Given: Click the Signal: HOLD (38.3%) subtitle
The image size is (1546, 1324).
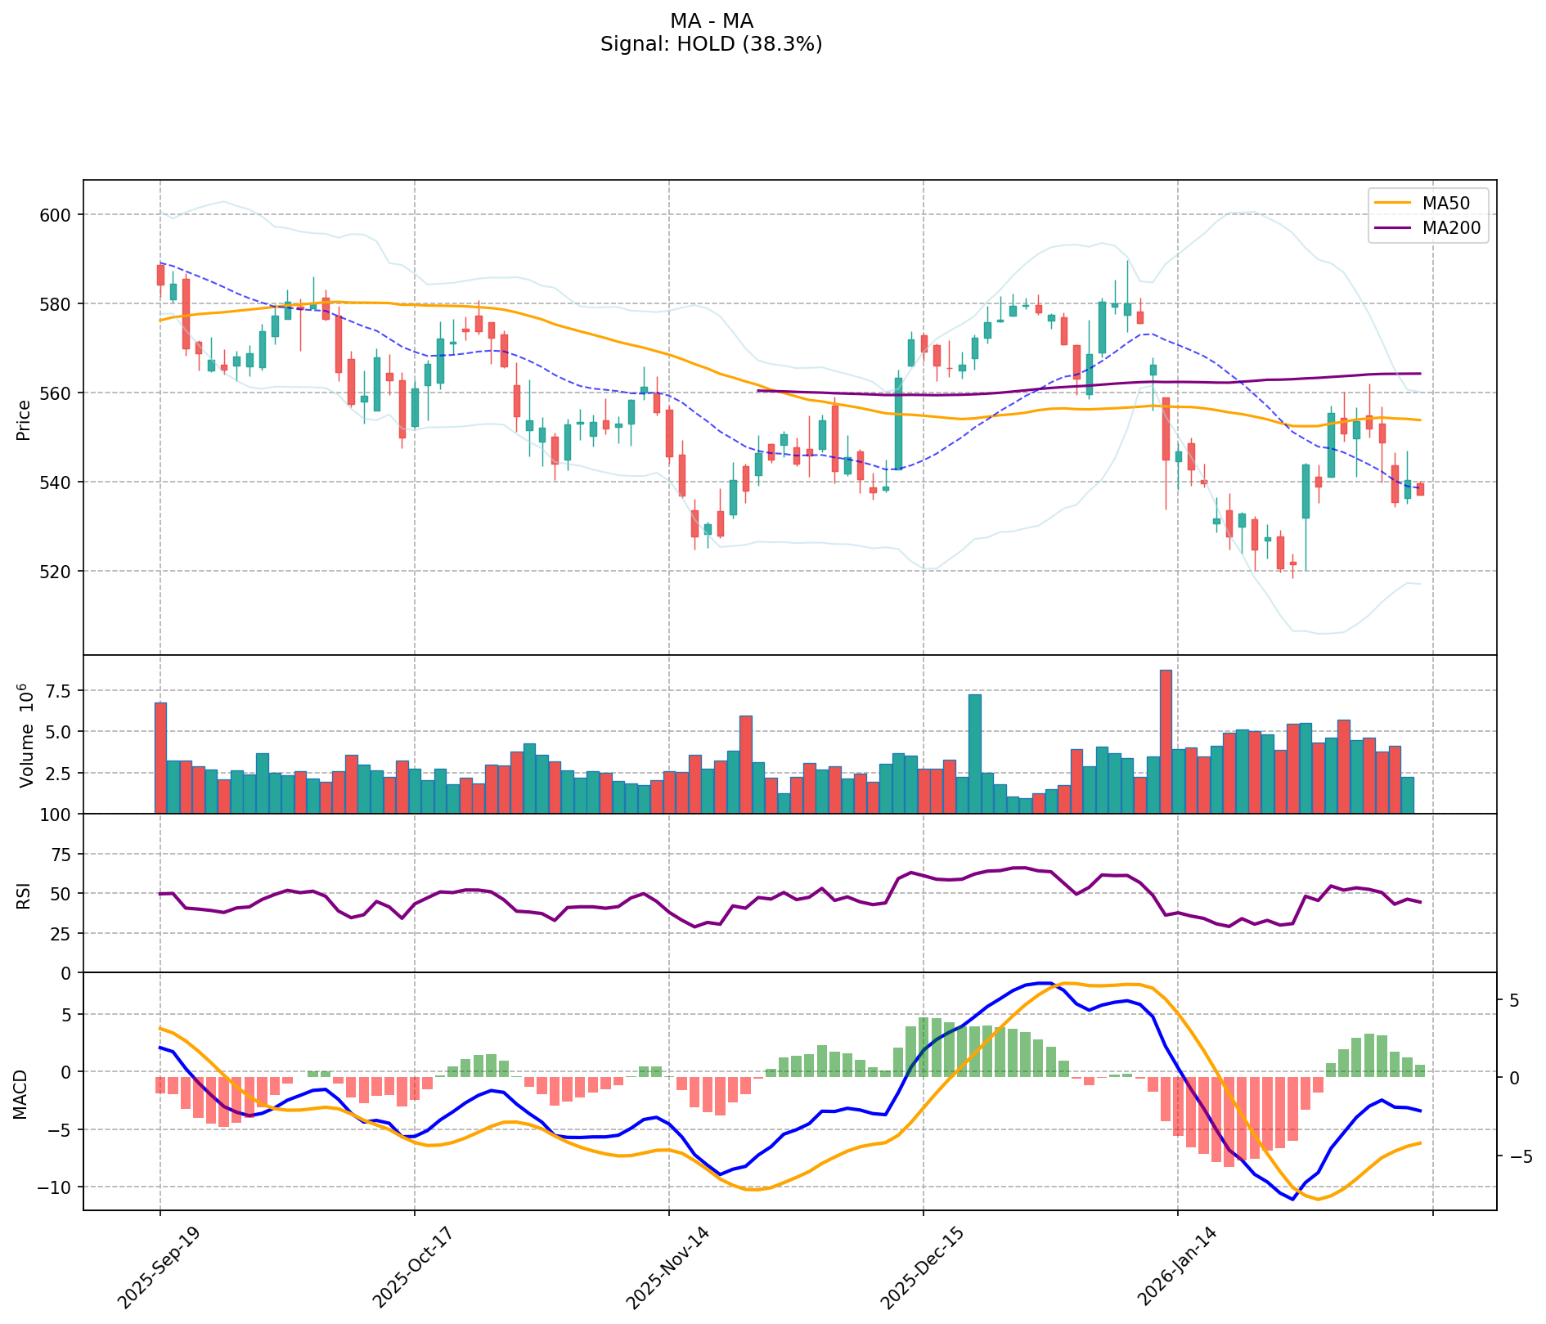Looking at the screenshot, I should (x=711, y=44).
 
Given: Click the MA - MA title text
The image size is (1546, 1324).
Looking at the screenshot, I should (x=711, y=21).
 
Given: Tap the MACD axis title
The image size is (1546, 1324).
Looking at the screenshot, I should (x=20, y=1093).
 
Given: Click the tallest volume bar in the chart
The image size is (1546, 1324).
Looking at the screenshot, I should (x=1166, y=741).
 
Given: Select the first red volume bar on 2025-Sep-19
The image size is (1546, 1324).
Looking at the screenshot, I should (x=160, y=757).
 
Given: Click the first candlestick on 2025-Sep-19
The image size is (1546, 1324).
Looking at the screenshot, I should (x=160, y=275).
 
